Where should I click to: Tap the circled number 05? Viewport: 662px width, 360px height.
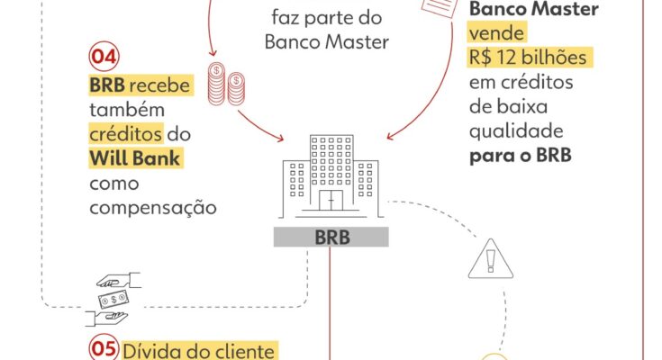[103, 349]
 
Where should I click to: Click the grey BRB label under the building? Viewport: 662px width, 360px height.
[332, 238]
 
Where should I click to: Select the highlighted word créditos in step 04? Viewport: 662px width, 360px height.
[126, 134]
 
